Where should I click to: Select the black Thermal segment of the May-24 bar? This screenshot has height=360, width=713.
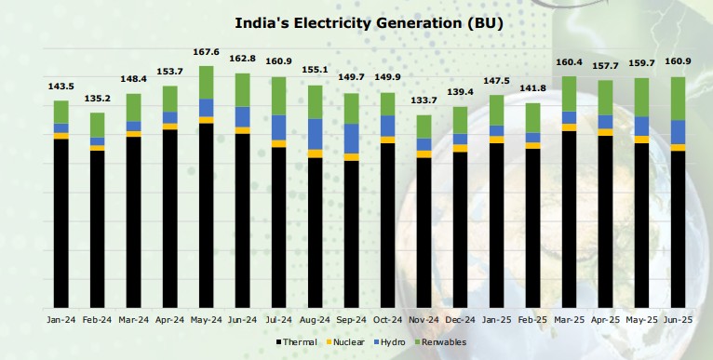(206, 214)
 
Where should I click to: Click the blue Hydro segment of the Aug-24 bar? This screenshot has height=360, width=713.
(315, 134)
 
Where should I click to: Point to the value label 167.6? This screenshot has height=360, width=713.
(206, 53)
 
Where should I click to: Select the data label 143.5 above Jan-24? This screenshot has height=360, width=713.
(61, 87)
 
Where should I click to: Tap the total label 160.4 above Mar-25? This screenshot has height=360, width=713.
(569, 62)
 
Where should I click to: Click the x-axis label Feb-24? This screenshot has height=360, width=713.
(97, 319)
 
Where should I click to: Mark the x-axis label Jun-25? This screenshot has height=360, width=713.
(678, 319)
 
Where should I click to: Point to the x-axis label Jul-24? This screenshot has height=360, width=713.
(278, 319)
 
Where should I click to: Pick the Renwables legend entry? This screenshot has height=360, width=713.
(443, 343)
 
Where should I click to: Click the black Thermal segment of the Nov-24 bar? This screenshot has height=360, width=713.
(424, 233)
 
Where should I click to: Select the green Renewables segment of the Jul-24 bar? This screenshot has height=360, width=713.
(278, 95)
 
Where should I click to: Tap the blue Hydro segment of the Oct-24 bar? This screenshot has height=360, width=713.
(387, 126)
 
